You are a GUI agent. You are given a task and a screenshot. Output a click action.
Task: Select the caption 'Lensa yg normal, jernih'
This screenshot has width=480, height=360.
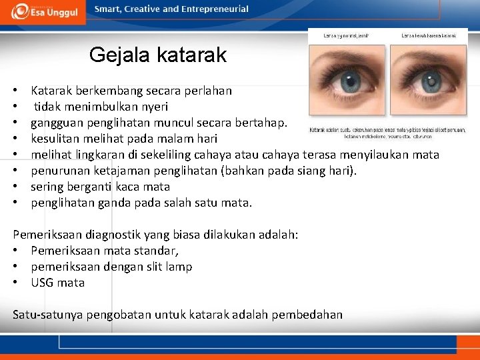346,35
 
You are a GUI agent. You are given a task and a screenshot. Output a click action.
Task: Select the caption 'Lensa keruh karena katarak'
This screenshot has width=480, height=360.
427,35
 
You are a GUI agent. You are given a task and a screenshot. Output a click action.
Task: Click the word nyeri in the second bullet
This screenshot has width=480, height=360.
155,107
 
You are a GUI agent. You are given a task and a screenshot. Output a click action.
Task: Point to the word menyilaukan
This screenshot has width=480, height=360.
381,155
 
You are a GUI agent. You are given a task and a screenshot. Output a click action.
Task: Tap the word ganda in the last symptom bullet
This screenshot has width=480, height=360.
112,203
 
